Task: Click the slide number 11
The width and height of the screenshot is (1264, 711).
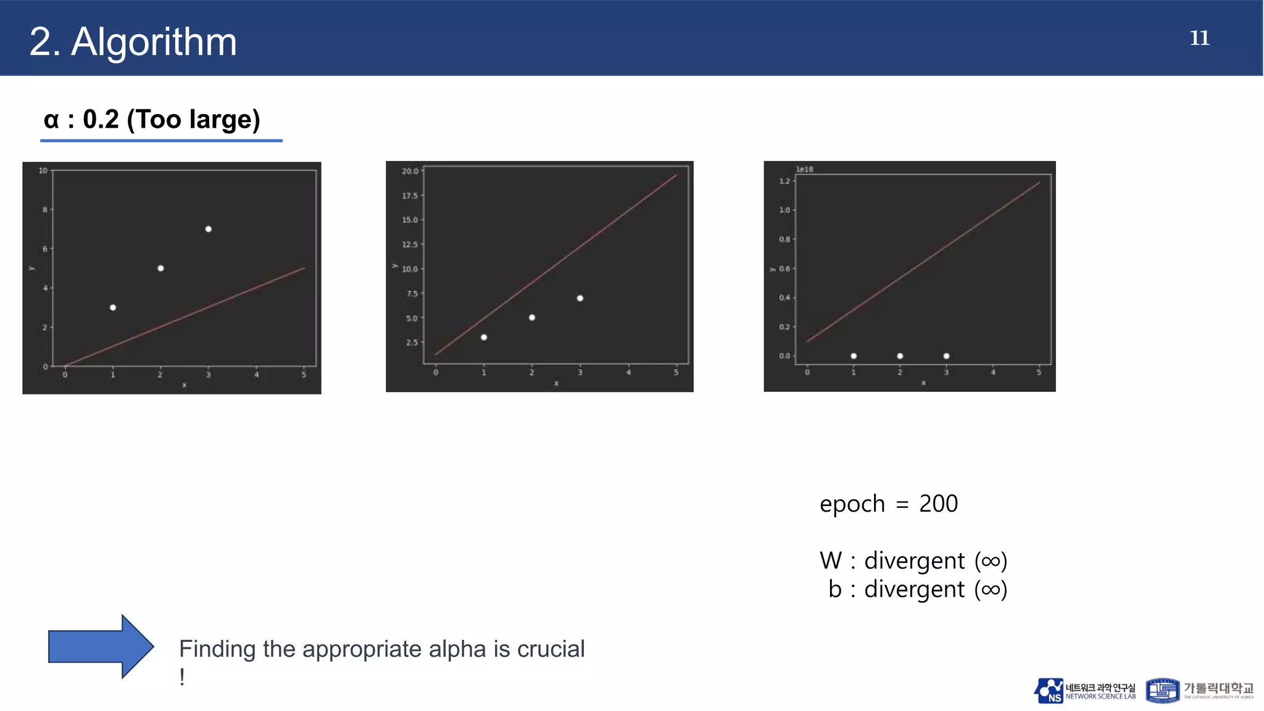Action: (1199, 38)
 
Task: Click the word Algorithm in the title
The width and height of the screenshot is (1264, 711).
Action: (154, 42)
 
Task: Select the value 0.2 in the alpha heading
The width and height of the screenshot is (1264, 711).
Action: (101, 119)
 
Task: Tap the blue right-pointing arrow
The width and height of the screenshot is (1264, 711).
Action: (101, 646)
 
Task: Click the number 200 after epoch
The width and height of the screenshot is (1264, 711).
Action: (938, 504)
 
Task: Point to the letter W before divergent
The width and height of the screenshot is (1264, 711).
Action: (831, 560)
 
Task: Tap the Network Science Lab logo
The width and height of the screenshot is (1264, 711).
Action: (1084, 691)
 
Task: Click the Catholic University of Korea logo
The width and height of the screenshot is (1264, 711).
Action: (1199, 691)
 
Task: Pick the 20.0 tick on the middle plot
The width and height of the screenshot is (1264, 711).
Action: (410, 171)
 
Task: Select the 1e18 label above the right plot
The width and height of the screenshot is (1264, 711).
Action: (804, 169)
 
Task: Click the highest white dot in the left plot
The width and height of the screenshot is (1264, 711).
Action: (209, 229)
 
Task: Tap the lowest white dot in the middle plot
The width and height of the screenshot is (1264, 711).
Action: (484, 337)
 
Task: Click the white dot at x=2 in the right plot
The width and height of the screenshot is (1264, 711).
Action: (900, 356)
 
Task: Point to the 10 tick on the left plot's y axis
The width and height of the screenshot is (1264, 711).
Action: (43, 170)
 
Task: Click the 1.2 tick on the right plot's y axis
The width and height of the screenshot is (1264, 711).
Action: (784, 181)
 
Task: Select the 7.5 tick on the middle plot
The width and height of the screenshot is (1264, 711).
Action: (412, 294)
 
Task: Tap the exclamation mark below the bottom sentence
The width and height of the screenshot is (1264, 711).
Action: (182, 677)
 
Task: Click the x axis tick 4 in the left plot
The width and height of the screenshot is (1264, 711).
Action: (256, 375)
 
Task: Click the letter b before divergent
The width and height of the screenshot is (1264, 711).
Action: (835, 589)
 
